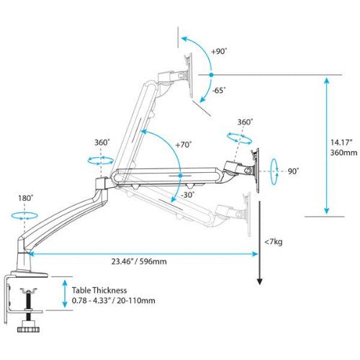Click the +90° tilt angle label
pos(220,51)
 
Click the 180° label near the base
pos(27,197)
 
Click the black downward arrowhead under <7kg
pos(259,283)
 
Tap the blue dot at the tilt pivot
pos(210,74)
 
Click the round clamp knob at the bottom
pos(30,329)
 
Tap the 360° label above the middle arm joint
pos(102,143)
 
